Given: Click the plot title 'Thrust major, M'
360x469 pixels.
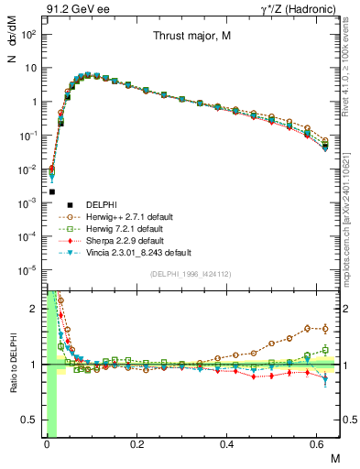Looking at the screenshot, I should (x=191, y=37).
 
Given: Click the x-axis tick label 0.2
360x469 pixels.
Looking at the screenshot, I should (x=136, y=445).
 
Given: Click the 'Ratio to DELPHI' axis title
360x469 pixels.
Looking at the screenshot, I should (x=11, y=364).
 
